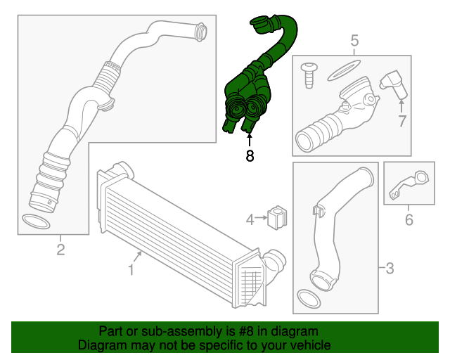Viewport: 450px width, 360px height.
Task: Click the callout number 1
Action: click(x=131, y=269)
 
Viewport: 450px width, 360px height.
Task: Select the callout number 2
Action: click(x=60, y=250)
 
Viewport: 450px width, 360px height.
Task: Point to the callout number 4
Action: click(x=250, y=220)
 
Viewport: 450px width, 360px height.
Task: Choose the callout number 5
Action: click(x=354, y=39)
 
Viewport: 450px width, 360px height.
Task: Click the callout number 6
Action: click(x=409, y=221)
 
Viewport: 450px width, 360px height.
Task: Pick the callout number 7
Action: click(x=401, y=121)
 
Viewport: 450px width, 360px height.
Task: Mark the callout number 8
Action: click(x=249, y=156)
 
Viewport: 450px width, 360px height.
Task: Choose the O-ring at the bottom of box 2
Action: click(x=36, y=221)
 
